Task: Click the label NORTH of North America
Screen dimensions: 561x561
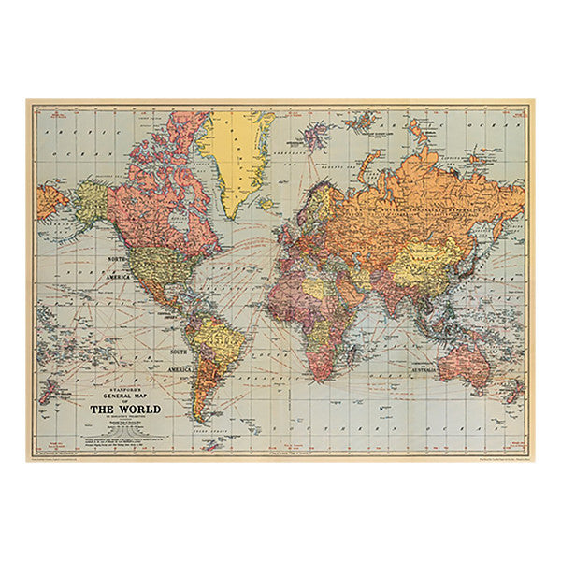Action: [123, 258]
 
